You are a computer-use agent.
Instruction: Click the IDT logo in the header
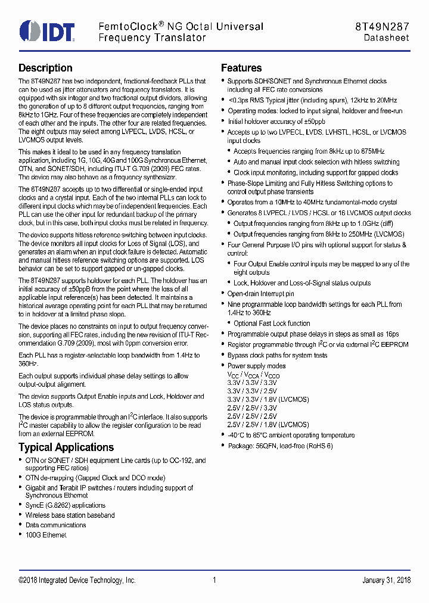[47, 32]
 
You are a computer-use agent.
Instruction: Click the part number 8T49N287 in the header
[381, 27]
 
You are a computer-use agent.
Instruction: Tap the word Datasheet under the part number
[387, 38]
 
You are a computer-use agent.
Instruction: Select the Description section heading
[45, 68]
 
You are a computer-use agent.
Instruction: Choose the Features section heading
[241, 68]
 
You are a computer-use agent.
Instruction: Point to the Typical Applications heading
[66, 447]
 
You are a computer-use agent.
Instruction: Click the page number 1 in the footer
[214, 580]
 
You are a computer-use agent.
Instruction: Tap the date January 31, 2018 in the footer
[386, 580]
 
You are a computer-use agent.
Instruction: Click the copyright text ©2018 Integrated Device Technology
[77, 580]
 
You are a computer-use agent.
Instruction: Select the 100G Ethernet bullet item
[45, 535]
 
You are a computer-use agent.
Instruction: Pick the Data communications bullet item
[55, 525]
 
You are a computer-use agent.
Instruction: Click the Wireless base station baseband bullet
[70, 515]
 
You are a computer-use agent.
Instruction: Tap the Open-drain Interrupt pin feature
[260, 294]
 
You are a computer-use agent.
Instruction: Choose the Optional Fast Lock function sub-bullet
[272, 324]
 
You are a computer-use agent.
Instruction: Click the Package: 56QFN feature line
[280, 446]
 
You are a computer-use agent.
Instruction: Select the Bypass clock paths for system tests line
[277, 355]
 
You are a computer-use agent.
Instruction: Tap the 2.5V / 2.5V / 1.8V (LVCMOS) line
[268, 425]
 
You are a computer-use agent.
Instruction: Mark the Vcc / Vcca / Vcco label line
[253, 375]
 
